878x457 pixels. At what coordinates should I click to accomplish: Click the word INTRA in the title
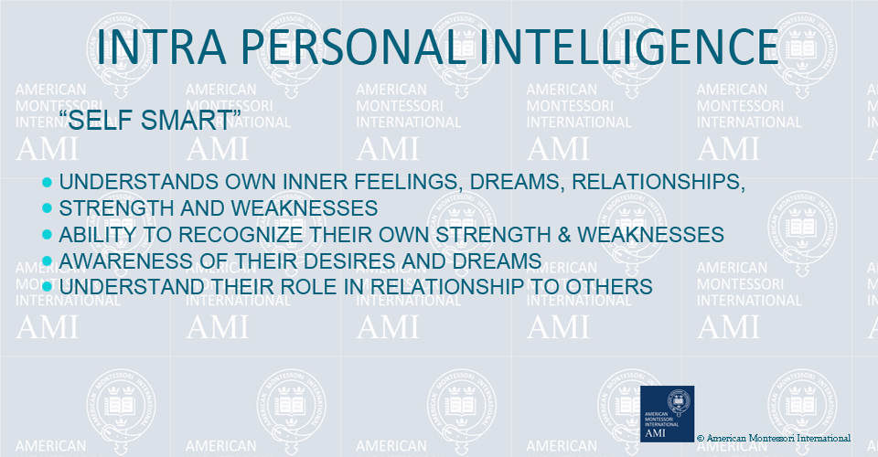coord(161,46)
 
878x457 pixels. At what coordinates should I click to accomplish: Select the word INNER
coord(316,182)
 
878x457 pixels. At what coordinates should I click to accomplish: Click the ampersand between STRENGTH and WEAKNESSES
coord(564,234)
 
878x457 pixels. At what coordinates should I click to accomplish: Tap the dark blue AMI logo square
coord(667,413)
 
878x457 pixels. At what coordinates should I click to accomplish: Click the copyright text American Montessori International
coord(774,438)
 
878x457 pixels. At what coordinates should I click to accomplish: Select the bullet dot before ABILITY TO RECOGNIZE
coord(47,234)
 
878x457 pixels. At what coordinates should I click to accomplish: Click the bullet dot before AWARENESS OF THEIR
coord(47,260)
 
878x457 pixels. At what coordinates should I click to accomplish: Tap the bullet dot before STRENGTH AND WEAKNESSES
coord(47,208)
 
